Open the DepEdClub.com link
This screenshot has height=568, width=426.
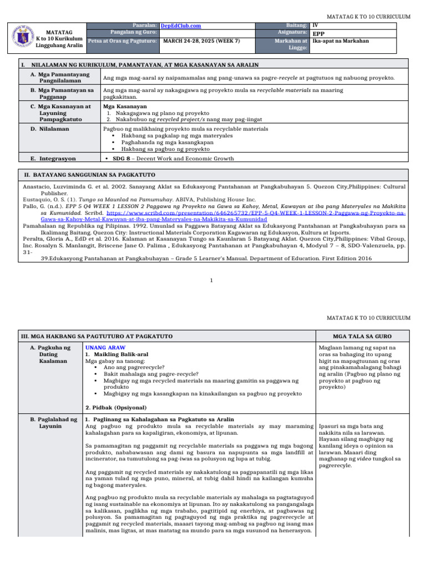coord(180,26)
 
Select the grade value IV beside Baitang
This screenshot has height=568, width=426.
coord(315,26)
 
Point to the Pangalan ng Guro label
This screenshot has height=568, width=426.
coord(134,33)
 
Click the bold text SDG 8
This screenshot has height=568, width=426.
coord(121,159)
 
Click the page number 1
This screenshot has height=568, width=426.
coord(212,280)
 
